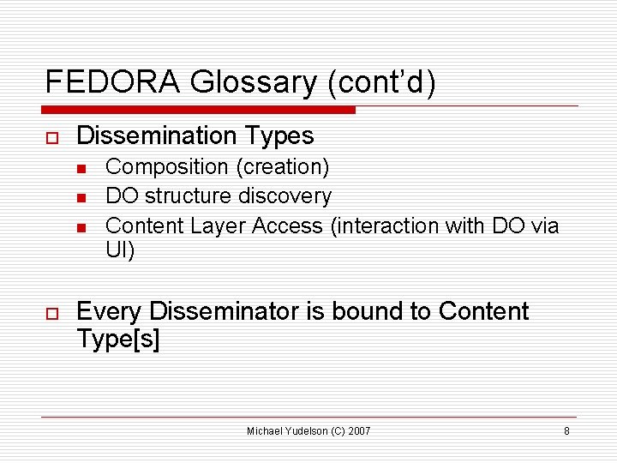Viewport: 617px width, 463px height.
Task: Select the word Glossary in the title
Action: coord(254,82)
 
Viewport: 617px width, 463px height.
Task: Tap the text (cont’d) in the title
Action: coord(381,82)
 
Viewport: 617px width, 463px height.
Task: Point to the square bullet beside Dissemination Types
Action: coord(51,137)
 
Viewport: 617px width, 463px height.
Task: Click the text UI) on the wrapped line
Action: coord(120,251)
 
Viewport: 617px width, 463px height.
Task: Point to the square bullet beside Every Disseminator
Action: coord(51,313)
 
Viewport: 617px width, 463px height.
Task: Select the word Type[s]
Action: coord(117,339)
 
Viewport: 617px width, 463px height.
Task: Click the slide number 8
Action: coord(566,430)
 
